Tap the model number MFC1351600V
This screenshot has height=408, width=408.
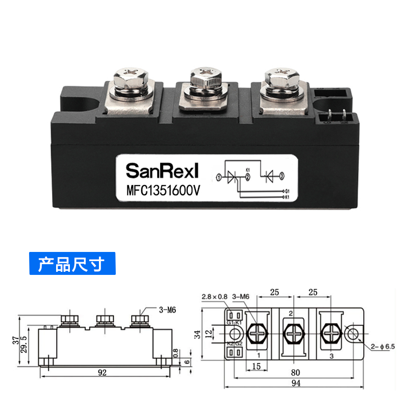[x=162, y=190]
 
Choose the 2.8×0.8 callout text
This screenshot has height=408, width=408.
[x=214, y=296]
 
